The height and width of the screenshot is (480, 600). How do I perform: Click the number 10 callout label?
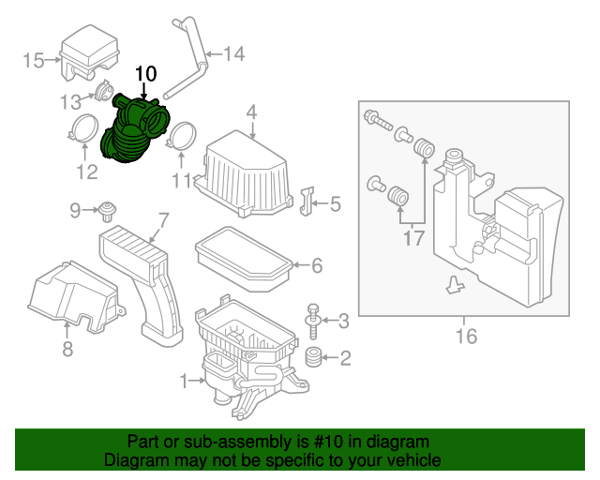click(147, 73)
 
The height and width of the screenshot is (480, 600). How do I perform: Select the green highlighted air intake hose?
click(131, 132)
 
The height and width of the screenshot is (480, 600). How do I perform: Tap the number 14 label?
click(233, 54)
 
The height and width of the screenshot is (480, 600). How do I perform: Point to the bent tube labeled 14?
click(198, 62)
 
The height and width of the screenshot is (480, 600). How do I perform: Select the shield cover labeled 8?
click(71, 295)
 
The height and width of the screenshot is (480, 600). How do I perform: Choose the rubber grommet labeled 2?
click(312, 356)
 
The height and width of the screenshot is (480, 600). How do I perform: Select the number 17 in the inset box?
click(413, 238)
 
